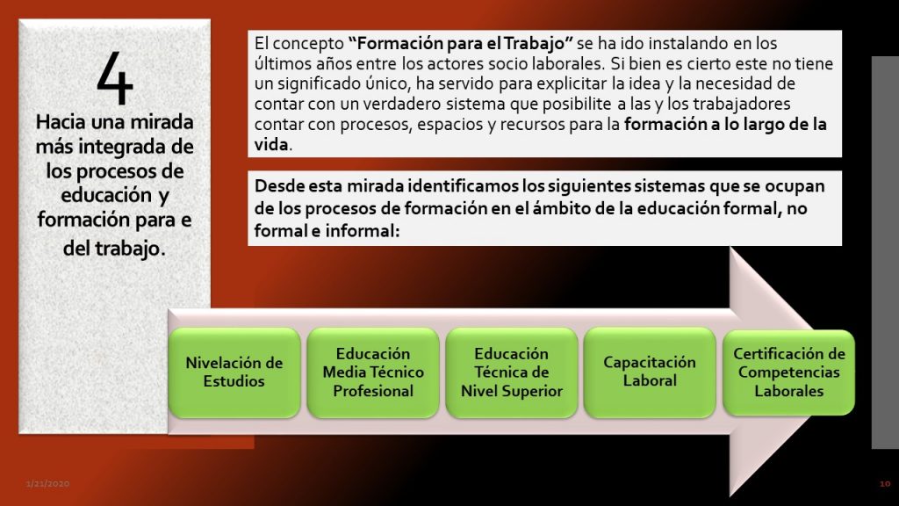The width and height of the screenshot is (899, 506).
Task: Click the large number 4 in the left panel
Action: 115,77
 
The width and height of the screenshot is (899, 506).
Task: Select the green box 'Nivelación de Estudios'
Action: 234,372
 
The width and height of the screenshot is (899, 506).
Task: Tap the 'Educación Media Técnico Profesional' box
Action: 372,372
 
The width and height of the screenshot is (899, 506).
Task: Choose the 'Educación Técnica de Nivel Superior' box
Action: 512,372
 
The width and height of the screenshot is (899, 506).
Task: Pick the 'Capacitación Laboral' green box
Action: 650,372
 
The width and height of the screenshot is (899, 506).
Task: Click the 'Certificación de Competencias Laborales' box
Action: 789,372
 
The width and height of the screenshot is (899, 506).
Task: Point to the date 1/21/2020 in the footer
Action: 47,484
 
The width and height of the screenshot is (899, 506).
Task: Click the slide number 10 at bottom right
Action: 885,484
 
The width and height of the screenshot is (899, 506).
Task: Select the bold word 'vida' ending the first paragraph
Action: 271,144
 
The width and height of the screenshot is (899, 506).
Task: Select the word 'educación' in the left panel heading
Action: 99,195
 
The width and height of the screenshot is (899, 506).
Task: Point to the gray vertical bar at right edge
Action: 885,252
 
